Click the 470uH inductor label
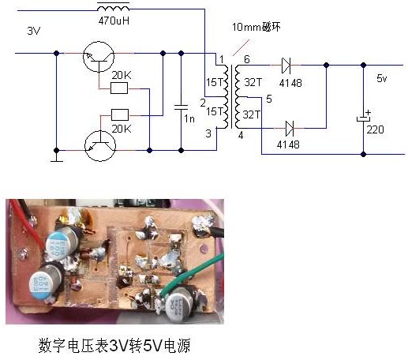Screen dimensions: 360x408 (x=113, y=21)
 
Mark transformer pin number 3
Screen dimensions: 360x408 (x=209, y=135)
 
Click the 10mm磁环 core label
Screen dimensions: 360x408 (x=256, y=28)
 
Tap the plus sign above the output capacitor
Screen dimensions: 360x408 (x=369, y=112)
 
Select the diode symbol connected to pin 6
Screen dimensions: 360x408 (x=288, y=65)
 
